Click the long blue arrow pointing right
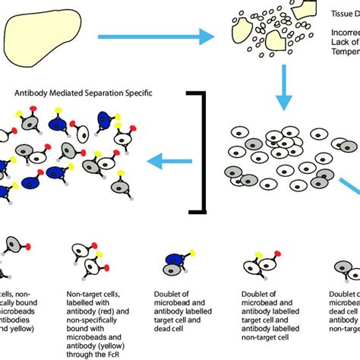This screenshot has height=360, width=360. click(151, 36)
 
